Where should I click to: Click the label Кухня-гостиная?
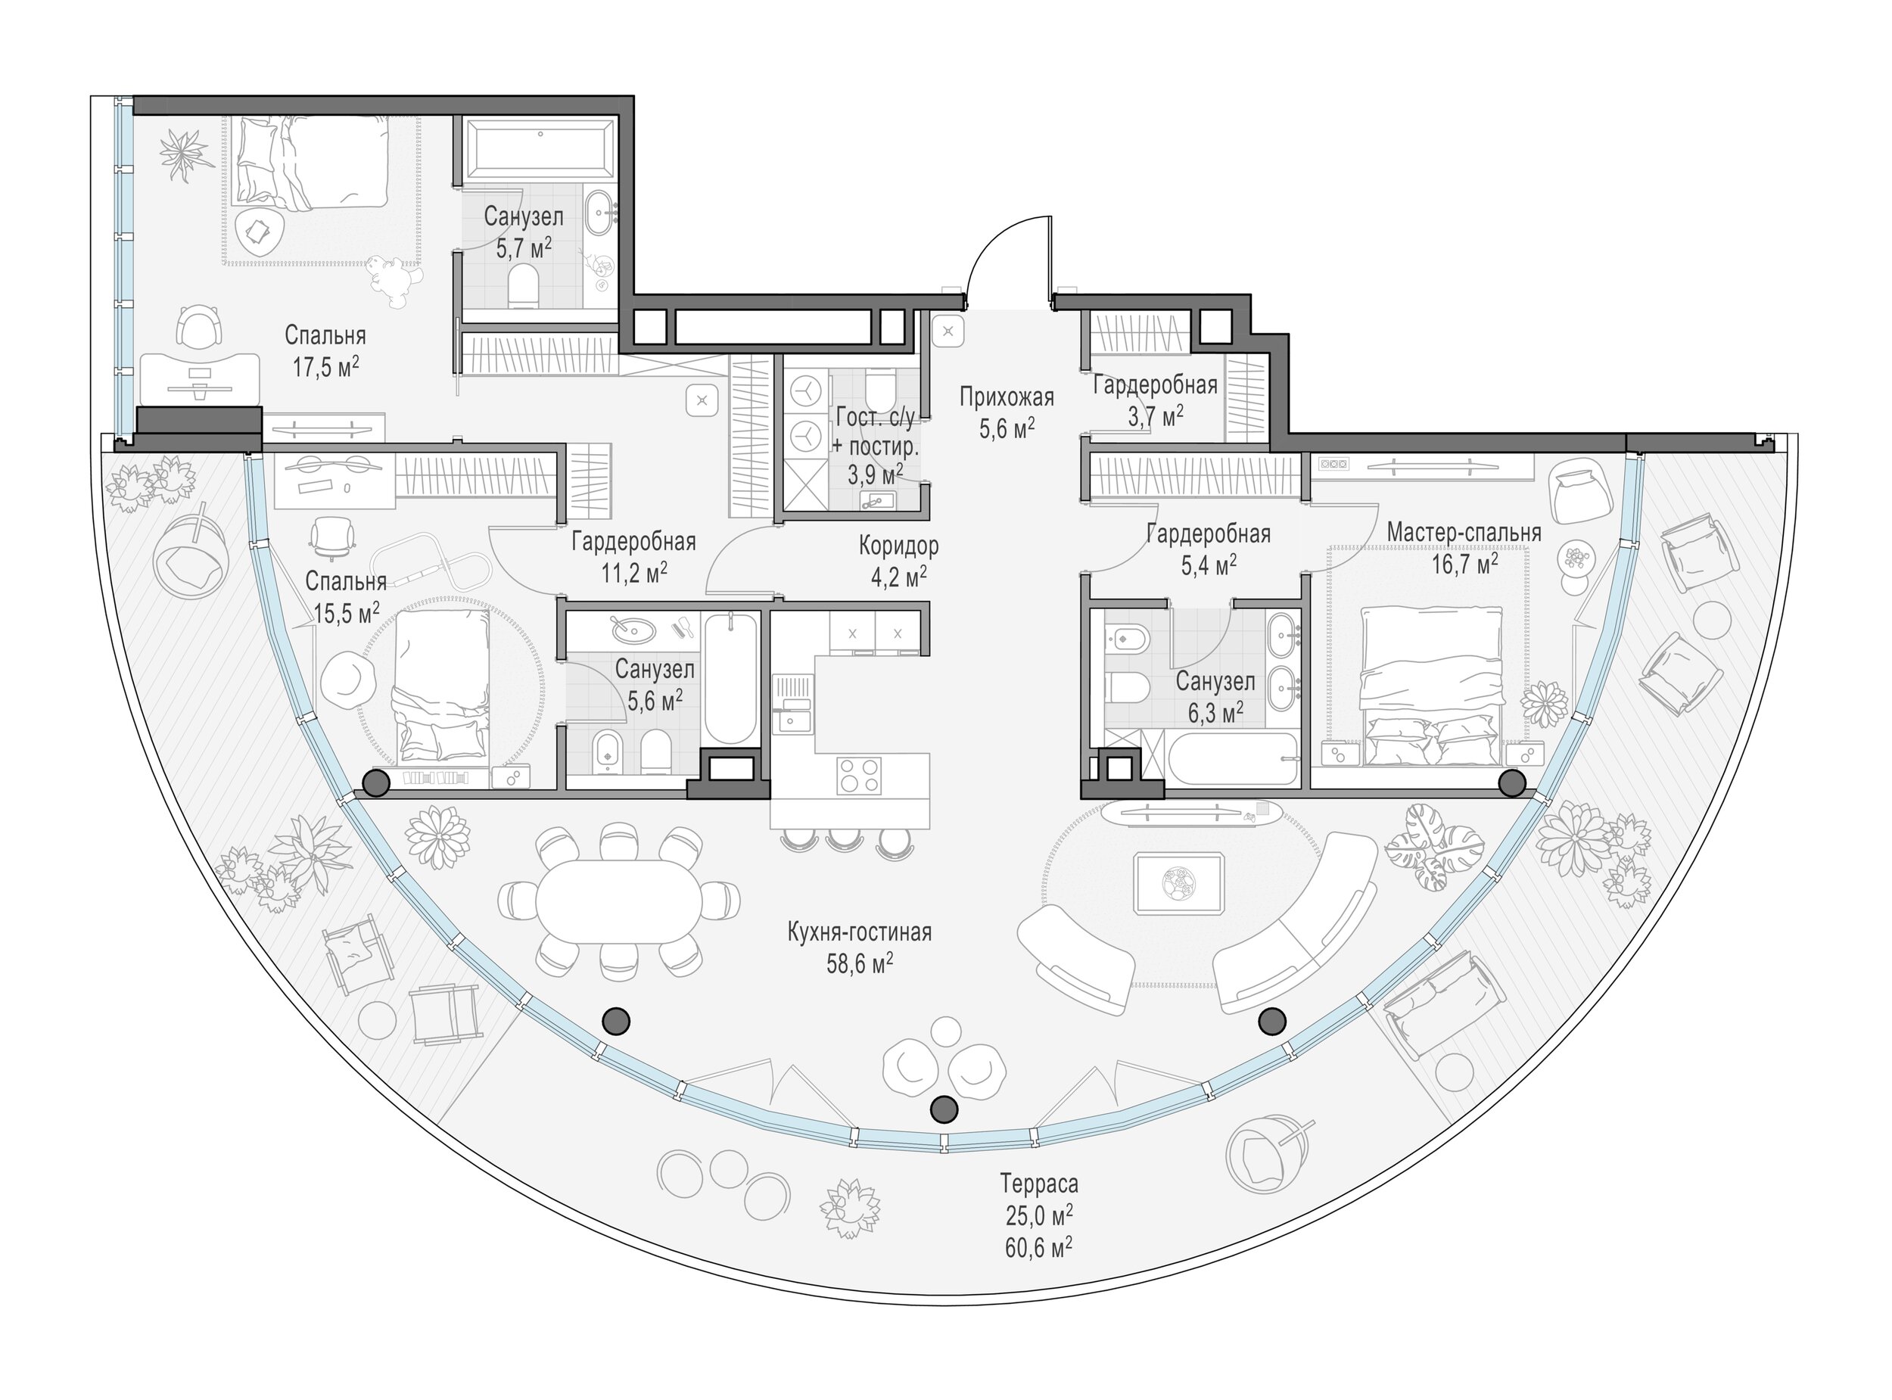[859, 932]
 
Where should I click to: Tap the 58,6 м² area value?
[859, 964]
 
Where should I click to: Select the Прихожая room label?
[1007, 397]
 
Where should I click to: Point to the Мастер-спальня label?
[1463, 533]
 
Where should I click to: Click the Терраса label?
[1039, 1182]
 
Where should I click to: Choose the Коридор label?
[898, 546]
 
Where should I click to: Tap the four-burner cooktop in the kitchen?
[858, 776]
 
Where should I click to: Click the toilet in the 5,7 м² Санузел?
[525, 287]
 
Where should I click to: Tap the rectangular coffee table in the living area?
[1178, 884]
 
